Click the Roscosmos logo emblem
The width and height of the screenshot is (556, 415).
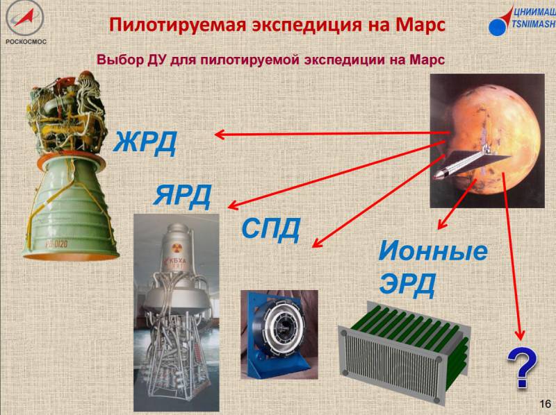[25, 18]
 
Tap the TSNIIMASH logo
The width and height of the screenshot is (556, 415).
[522, 21]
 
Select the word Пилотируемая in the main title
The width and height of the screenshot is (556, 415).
[177, 26]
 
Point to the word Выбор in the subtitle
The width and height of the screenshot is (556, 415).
[119, 60]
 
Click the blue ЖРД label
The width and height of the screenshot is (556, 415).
[145, 142]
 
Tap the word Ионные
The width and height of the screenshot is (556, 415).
[433, 251]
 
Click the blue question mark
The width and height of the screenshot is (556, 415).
[522, 368]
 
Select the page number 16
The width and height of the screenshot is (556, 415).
[545, 404]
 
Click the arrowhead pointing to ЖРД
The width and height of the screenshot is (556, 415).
[220, 135]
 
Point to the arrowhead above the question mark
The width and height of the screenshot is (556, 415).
[520, 334]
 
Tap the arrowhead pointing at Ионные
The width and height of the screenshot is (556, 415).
[441, 223]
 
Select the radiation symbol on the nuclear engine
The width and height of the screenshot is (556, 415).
[176, 248]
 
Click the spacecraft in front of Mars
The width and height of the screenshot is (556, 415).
[472, 162]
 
